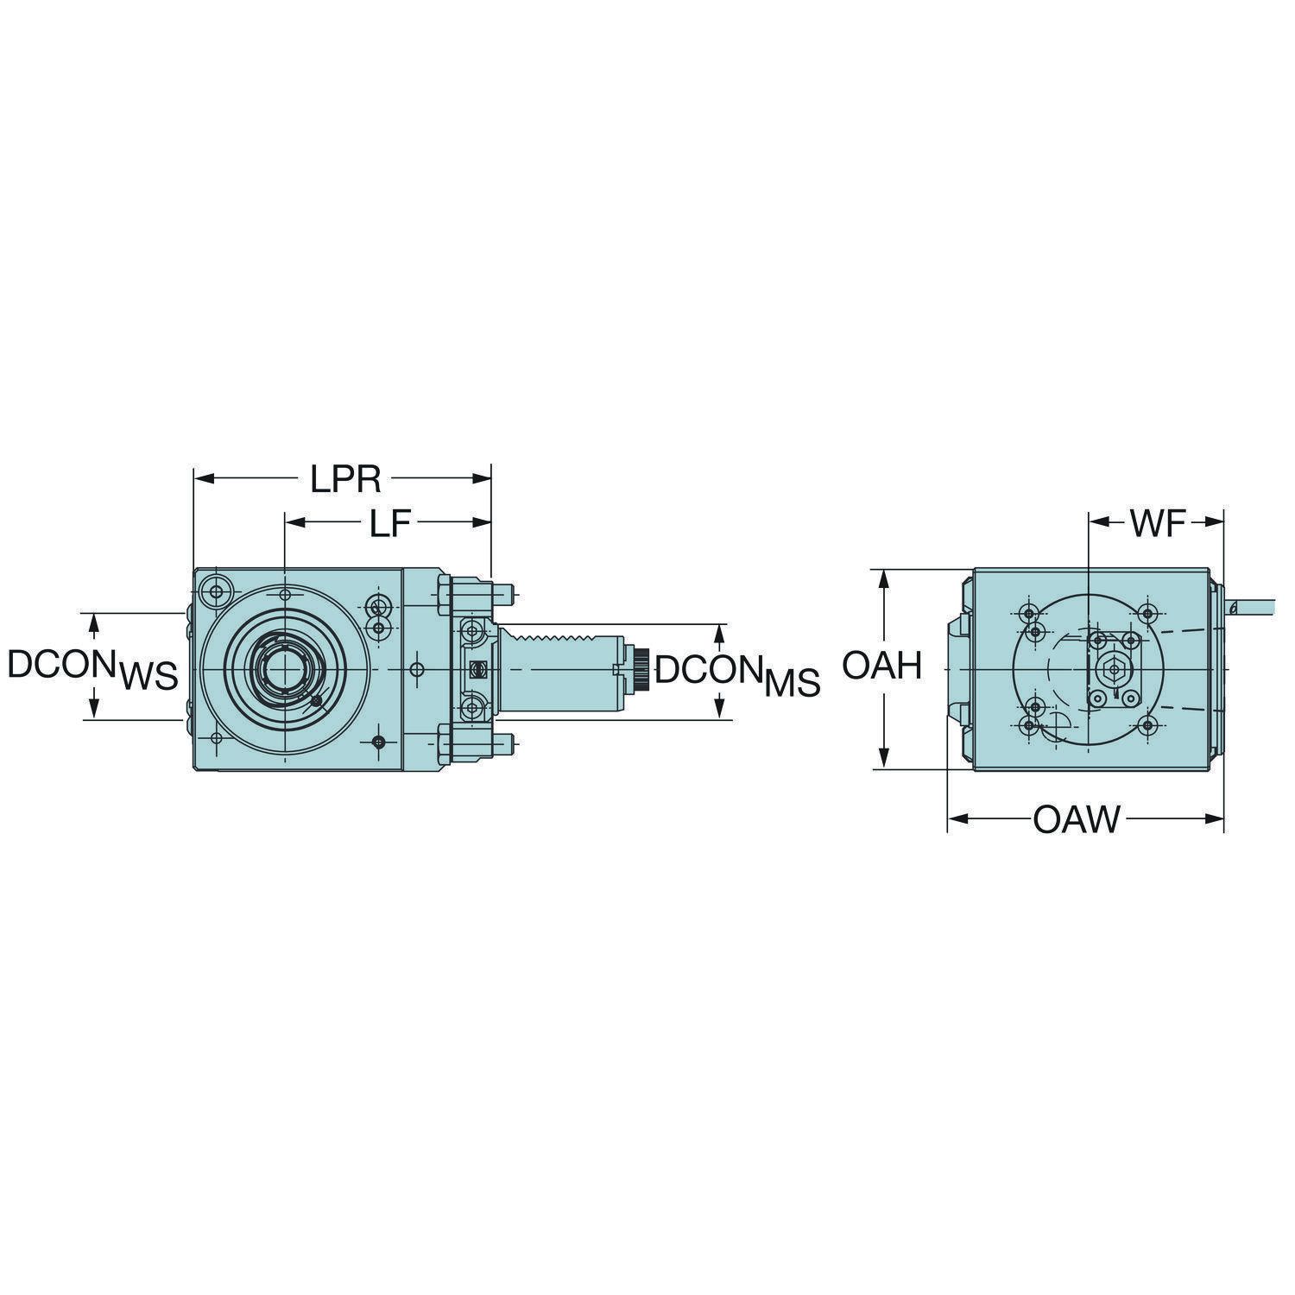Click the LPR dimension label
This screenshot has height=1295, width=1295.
[x=345, y=480]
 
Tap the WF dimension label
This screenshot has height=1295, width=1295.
[x=1158, y=523]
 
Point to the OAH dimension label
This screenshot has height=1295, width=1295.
[x=882, y=666]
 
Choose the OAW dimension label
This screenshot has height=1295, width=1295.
[x=1076, y=819]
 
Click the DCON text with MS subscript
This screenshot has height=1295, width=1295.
[x=736, y=674]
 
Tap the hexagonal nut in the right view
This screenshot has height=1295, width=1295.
[x=1113, y=668]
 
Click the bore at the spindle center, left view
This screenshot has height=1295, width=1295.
[x=284, y=669]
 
